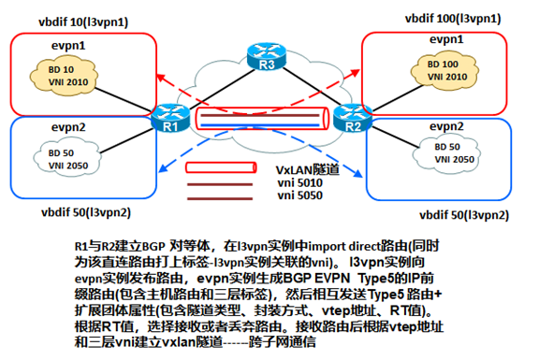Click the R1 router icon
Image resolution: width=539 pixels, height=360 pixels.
click(x=170, y=118)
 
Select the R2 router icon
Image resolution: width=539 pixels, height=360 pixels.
click(x=353, y=118)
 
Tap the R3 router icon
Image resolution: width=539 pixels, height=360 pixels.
click(x=267, y=56)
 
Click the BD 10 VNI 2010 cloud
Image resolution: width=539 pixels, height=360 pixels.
click(x=65, y=77)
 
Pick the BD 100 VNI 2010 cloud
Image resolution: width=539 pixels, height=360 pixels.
click(x=444, y=71)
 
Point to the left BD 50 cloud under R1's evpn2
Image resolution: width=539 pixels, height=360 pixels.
click(x=67, y=158)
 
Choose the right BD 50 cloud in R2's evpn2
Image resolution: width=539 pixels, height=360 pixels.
click(x=446, y=152)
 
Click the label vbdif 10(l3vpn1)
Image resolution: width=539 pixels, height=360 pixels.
click(x=83, y=22)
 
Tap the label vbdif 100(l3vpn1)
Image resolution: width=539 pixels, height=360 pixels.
click(x=453, y=18)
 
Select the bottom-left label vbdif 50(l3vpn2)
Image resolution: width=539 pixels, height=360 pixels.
click(x=86, y=212)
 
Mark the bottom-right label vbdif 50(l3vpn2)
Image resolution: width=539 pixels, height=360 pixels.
click(x=464, y=215)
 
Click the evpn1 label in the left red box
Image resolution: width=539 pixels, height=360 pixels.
click(x=68, y=46)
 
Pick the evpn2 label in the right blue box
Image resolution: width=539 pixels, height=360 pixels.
click(x=446, y=127)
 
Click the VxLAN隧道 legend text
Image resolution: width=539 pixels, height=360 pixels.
click(x=308, y=170)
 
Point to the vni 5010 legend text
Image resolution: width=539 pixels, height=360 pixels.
click(x=300, y=182)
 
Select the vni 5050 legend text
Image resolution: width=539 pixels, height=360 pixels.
click(x=300, y=195)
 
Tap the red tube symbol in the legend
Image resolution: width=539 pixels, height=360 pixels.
click(x=221, y=167)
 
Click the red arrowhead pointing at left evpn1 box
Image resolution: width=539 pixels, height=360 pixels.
click(x=160, y=78)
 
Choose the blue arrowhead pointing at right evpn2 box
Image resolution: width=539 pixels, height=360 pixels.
click(x=358, y=174)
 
